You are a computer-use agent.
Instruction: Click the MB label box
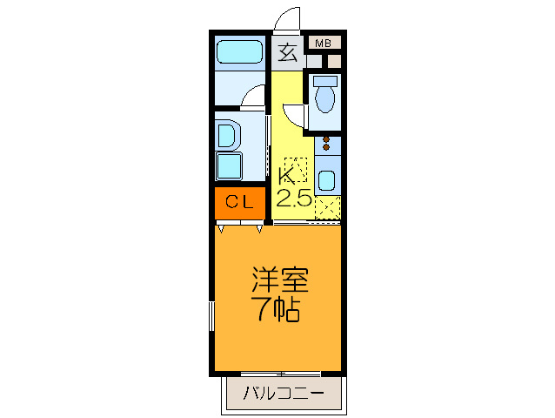[323, 43]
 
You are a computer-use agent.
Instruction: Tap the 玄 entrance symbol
[287, 53]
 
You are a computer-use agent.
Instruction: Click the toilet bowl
[326, 95]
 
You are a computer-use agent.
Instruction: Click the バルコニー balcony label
[284, 394]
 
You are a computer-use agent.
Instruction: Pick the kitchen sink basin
[327, 180]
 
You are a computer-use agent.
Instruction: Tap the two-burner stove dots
[327, 143]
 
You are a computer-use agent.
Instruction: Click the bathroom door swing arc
[253, 97]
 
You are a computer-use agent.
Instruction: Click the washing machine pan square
[230, 166]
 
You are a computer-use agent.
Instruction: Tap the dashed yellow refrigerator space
[327, 208]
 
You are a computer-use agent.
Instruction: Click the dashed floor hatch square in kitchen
[293, 166]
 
